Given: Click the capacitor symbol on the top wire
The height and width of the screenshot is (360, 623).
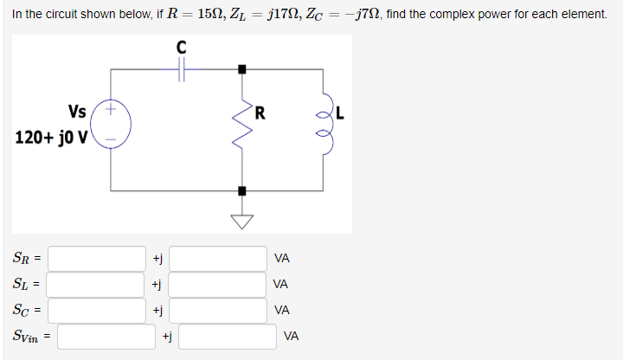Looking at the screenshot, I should click(x=182, y=68).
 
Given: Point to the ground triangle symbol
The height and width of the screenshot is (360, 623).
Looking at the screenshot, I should click(x=242, y=221).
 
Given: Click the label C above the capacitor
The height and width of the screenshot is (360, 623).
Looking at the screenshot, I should click(x=182, y=47).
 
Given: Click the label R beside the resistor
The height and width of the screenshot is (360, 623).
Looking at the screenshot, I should click(x=260, y=111).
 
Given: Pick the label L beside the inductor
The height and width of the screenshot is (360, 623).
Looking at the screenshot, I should click(x=340, y=111).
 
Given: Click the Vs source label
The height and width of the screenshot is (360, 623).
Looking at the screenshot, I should click(x=76, y=111).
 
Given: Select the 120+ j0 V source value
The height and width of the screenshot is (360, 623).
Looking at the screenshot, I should click(x=49, y=138).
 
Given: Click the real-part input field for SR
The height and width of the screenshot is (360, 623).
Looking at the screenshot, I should click(x=97, y=258).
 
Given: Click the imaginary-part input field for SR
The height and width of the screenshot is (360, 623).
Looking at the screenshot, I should click(x=217, y=258).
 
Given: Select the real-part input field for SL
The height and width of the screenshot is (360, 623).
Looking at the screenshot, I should click(x=97, y=284).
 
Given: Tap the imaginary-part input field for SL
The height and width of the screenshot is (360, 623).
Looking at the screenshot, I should click(x=217, y=284).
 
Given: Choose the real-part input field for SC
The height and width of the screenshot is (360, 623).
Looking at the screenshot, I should click(x=97, y=310).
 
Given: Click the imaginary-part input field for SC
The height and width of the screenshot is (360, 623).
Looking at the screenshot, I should click(x=217, y=310).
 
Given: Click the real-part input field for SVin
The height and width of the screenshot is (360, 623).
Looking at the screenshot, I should click(x=106, y=336).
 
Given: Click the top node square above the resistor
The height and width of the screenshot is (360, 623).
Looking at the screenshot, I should click(x=242, y=68).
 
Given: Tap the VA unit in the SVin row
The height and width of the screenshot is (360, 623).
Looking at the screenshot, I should click(x=292, y=336).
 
